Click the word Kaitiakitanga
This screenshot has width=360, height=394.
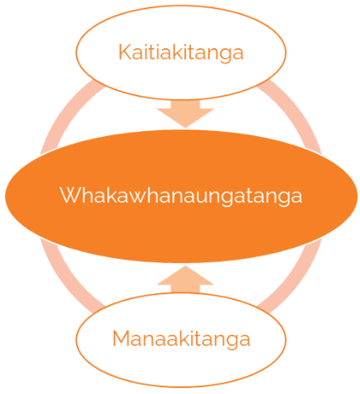tap(181, 53)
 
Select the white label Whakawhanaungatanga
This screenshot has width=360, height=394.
tap(181, 196)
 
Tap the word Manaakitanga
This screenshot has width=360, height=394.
tap(181, 339)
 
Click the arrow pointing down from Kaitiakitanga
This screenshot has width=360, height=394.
tap(185, 113)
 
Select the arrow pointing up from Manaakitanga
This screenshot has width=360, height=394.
tap(185, 280)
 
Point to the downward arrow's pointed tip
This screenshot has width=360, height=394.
tap(185, 128)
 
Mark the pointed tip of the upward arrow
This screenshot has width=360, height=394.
tap(185, 265)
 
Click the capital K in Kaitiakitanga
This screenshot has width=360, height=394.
tap(124, 52)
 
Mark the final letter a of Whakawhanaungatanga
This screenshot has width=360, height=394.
tap(297, 197)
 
